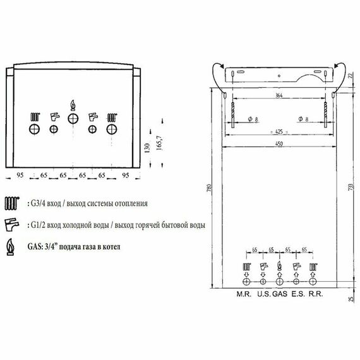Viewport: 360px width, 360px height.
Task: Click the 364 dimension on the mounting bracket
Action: (279, 95)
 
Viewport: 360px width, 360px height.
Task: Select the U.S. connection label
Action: (263, 294)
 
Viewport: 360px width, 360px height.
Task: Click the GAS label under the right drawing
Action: (279, 294)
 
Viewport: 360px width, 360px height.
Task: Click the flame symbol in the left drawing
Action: (73, 104)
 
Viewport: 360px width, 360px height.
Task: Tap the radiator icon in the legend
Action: (11, 204)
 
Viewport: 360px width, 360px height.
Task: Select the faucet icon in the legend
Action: (11, 224)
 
